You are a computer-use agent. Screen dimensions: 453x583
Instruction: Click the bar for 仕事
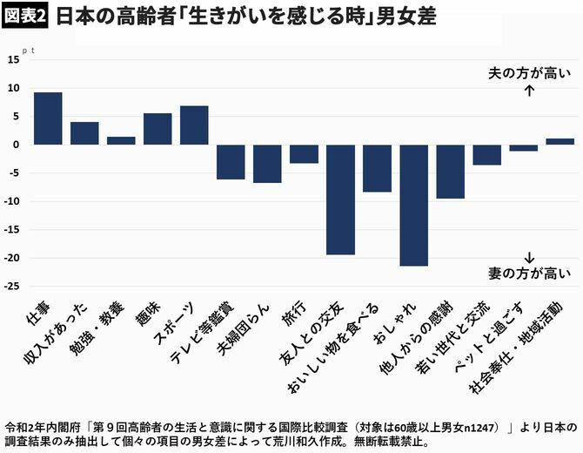click(48, 118)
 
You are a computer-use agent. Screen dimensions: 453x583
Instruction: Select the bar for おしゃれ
click(413, 205)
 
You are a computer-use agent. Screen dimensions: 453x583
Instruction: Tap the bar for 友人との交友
click(340, 199)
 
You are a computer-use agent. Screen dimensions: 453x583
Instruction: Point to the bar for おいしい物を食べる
click(377, 167)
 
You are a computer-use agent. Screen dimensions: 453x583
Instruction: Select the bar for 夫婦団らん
click(267, 163)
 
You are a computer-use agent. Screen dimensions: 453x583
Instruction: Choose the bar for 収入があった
click(84, 132)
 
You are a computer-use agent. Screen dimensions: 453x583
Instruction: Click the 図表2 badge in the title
click(25, 17)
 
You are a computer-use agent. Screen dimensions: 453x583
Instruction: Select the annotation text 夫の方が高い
click(530, 73)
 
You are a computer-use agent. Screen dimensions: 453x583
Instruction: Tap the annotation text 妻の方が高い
click(530, 274)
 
